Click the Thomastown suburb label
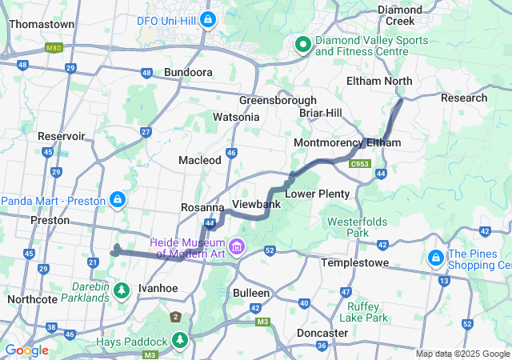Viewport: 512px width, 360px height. pyautogui.click(x=42, y=24)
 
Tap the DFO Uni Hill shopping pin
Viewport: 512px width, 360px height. pyautogui.click(x=208, y=18)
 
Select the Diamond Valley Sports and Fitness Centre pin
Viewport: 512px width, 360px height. pyautogui.click(x=303, y=45)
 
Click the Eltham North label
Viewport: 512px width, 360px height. pyautogui.click(x=379, y=81)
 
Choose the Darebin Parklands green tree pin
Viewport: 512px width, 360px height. pyautogui.click(x=122, y=290)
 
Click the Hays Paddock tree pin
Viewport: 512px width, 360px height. pyautogui.click(x=181, y=342)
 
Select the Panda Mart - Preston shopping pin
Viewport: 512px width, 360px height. pyautogui.click(x=117, y=198)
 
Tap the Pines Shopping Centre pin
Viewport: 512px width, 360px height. pyautogui.click(x=436, y=258)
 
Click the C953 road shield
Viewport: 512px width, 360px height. pyautogui.click(x=360, y=163)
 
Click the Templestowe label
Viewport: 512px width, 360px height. pyautogui.click(x=354, y=262)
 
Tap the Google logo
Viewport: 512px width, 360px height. pyautogui.click(x=26, y=350)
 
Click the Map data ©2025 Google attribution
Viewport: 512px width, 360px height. pyautogui.click(x=462, y=354)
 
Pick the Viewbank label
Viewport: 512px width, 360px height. pyautogui.click(x=255, y=204)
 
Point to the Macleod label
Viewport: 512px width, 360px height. pyautogui.click(x=200, y=160)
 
